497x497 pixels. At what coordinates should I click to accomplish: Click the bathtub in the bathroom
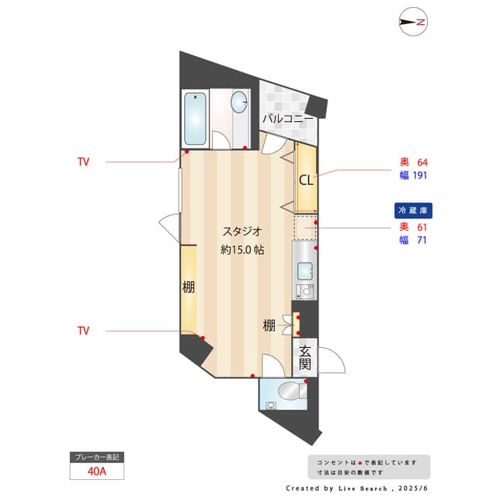(195, 119)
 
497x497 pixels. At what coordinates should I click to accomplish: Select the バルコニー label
(287, 119)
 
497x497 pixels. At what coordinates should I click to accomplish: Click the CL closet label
(306, 180)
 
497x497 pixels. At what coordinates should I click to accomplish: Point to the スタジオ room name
(242, 231)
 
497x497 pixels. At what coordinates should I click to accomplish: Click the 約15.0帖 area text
(242, 250)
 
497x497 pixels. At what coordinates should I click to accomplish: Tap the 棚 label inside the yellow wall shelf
(188, 287)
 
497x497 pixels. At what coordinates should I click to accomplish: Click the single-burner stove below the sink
(304, 292)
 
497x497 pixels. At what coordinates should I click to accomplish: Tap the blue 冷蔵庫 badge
(414, 210)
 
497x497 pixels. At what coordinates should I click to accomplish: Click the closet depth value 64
(422, 162)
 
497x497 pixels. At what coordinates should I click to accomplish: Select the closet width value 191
(419, 175)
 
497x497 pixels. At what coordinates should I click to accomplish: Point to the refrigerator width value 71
(422, 240)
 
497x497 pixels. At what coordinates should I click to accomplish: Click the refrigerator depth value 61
(422, 228)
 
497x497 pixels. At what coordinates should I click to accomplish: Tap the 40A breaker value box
(97, 471)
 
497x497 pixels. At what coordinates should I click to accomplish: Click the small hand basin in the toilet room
(270, 404)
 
